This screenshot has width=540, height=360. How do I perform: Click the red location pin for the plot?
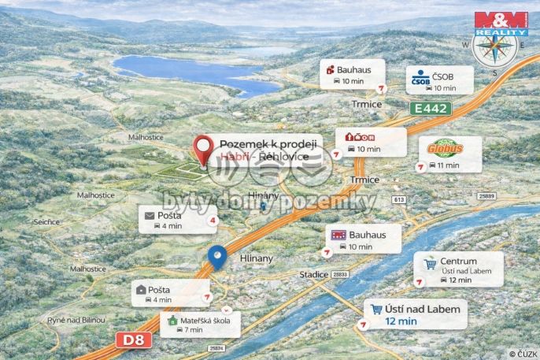(x=205, y=149)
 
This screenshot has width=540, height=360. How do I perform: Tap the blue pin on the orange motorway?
(x=217, y=256)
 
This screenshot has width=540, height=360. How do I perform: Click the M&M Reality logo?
(x=500, y=22)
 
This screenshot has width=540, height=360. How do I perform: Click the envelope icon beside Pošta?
(x=150, y=214)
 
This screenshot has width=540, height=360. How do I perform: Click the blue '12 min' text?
(x=401, y=321)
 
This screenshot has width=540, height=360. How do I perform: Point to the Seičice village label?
(x=46, y=222)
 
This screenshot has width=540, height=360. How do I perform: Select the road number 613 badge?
(x=399, y=199)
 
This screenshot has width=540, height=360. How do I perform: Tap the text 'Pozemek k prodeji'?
(x=268, y=143)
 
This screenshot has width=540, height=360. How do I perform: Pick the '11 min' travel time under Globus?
(x=446, y=165)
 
